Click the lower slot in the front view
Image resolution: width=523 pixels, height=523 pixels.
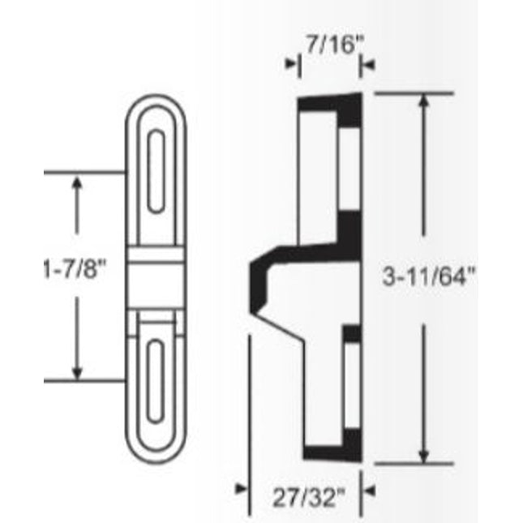tap(159, 381)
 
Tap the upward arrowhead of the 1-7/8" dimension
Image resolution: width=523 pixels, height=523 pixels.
tap(77, 183)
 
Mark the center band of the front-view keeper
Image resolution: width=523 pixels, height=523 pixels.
tap(159, 276)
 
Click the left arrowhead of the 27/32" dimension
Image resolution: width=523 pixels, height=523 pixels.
tap(241, 488)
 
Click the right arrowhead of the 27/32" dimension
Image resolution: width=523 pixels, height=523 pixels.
tap(367, 488)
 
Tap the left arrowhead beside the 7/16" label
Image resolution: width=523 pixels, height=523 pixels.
tap(291, 64)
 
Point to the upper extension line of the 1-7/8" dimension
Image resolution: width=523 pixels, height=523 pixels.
tap(85, 172)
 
